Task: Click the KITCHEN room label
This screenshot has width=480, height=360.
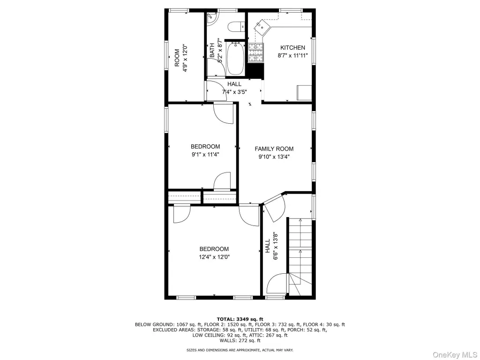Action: (292, 47)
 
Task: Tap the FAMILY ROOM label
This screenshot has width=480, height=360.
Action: (274, 149)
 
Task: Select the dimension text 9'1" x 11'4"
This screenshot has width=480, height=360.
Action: (205, 154)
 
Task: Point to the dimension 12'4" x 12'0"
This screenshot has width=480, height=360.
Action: (214, 257)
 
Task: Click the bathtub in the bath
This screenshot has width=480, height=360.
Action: (235, 58)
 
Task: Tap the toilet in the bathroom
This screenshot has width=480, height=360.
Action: (237, 27)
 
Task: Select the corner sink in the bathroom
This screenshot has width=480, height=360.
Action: (211, 18)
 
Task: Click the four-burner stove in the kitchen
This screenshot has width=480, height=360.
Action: (256, 52)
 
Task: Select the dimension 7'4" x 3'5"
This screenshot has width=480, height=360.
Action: (234, 91)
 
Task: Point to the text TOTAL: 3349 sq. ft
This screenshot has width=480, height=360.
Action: (240, 319)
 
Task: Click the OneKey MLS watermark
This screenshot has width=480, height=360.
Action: (455, 355)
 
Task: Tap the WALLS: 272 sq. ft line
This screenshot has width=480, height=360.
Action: (240, 340)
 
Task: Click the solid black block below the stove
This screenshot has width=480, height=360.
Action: (255, 71)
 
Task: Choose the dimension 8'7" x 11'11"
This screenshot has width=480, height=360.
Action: (292, 55)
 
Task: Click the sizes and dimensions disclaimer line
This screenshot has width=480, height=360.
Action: (240, 350)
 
